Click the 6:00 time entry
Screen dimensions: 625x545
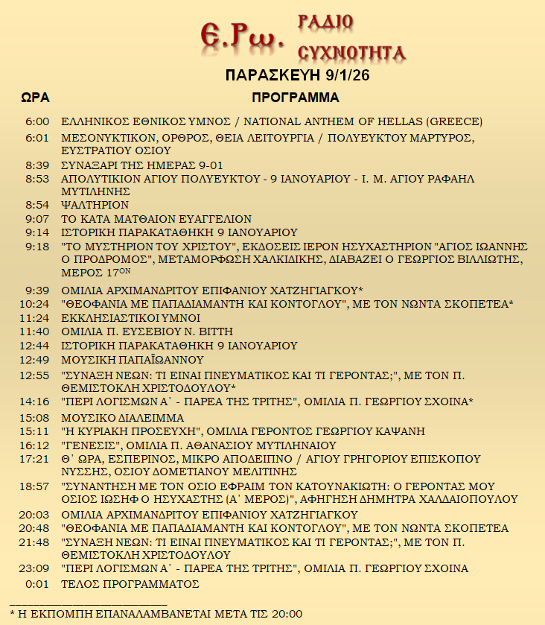point(37,121)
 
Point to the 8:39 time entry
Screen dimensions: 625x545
point(37,165)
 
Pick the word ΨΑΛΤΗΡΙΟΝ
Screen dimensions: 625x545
point(95,205)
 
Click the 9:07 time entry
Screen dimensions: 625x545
point(37,219)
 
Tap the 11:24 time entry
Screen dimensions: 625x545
point(35,317)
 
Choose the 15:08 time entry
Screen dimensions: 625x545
point(35,417)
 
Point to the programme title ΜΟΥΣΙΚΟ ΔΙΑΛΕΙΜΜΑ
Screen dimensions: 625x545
point(122,417)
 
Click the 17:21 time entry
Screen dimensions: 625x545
point(35,459)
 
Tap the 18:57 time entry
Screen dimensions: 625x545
point(35,486)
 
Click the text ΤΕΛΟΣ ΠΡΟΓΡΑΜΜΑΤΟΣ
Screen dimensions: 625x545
point(130,584)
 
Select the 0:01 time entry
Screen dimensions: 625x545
point(37,584)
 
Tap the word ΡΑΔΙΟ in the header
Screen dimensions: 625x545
point(325,22)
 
